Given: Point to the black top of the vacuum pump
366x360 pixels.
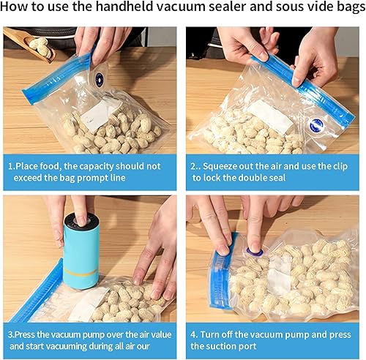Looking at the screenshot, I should point(80,220).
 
